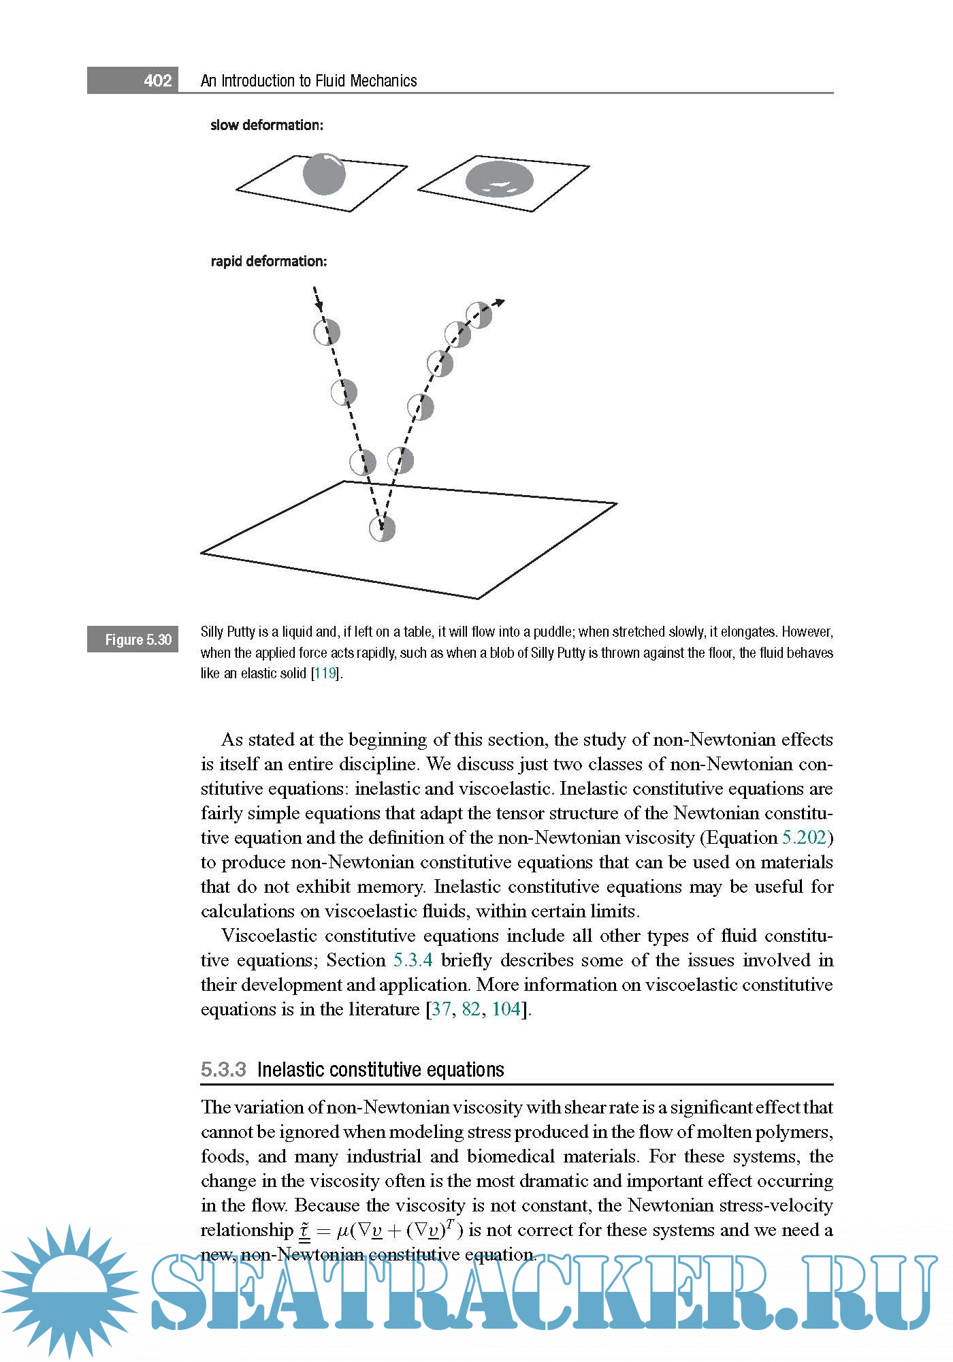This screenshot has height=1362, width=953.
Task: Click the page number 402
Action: coord(157,80)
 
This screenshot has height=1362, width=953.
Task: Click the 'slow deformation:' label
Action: coord(266,125)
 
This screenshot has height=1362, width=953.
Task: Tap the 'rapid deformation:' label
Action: coord(268,262)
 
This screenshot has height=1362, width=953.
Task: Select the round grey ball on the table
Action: coord(324,174)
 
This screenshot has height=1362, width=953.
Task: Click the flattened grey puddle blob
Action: coord(499,180)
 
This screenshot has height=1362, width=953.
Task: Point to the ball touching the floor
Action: coord(382,528)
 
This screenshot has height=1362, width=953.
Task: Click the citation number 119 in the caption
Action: coord(325,674)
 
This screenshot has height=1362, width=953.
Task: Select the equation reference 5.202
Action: coord(804,838)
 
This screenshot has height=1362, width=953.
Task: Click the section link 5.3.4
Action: coord(413,960)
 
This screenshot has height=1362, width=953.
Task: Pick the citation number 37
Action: coord(441,1009)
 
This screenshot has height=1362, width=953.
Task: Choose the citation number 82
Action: coord(470,1009)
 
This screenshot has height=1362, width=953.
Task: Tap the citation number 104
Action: coord(506,1009)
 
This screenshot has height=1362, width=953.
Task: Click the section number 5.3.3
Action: coord(223,1070)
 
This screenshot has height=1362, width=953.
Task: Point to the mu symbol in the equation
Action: coord(344,1231)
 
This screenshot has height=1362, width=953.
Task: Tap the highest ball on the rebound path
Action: coord(479,315)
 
